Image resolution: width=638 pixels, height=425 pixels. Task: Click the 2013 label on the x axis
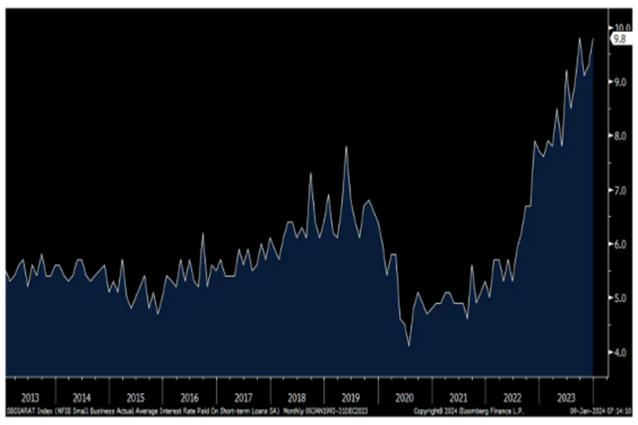(x=30, y=398)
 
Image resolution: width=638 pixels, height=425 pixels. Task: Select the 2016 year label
(x=189, y=398)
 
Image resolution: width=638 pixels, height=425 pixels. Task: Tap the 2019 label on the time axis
(x=351, y=398)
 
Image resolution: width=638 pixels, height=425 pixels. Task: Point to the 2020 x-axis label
(x=404, y=398)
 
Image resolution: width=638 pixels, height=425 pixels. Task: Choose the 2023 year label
(x=565, y=398)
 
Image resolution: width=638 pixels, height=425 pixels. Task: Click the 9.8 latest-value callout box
(x=620, y=38)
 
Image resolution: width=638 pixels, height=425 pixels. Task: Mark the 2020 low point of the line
(x=409, y=346)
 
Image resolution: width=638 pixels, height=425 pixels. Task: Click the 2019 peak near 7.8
(x=346, y=147)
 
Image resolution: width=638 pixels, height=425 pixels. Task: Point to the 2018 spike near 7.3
(x=310, y=173)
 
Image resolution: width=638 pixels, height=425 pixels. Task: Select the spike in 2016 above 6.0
(x=203, y=233)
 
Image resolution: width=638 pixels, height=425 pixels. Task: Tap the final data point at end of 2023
(x=593, y=39)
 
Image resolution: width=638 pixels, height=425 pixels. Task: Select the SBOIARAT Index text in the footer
(x=27, y=411)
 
